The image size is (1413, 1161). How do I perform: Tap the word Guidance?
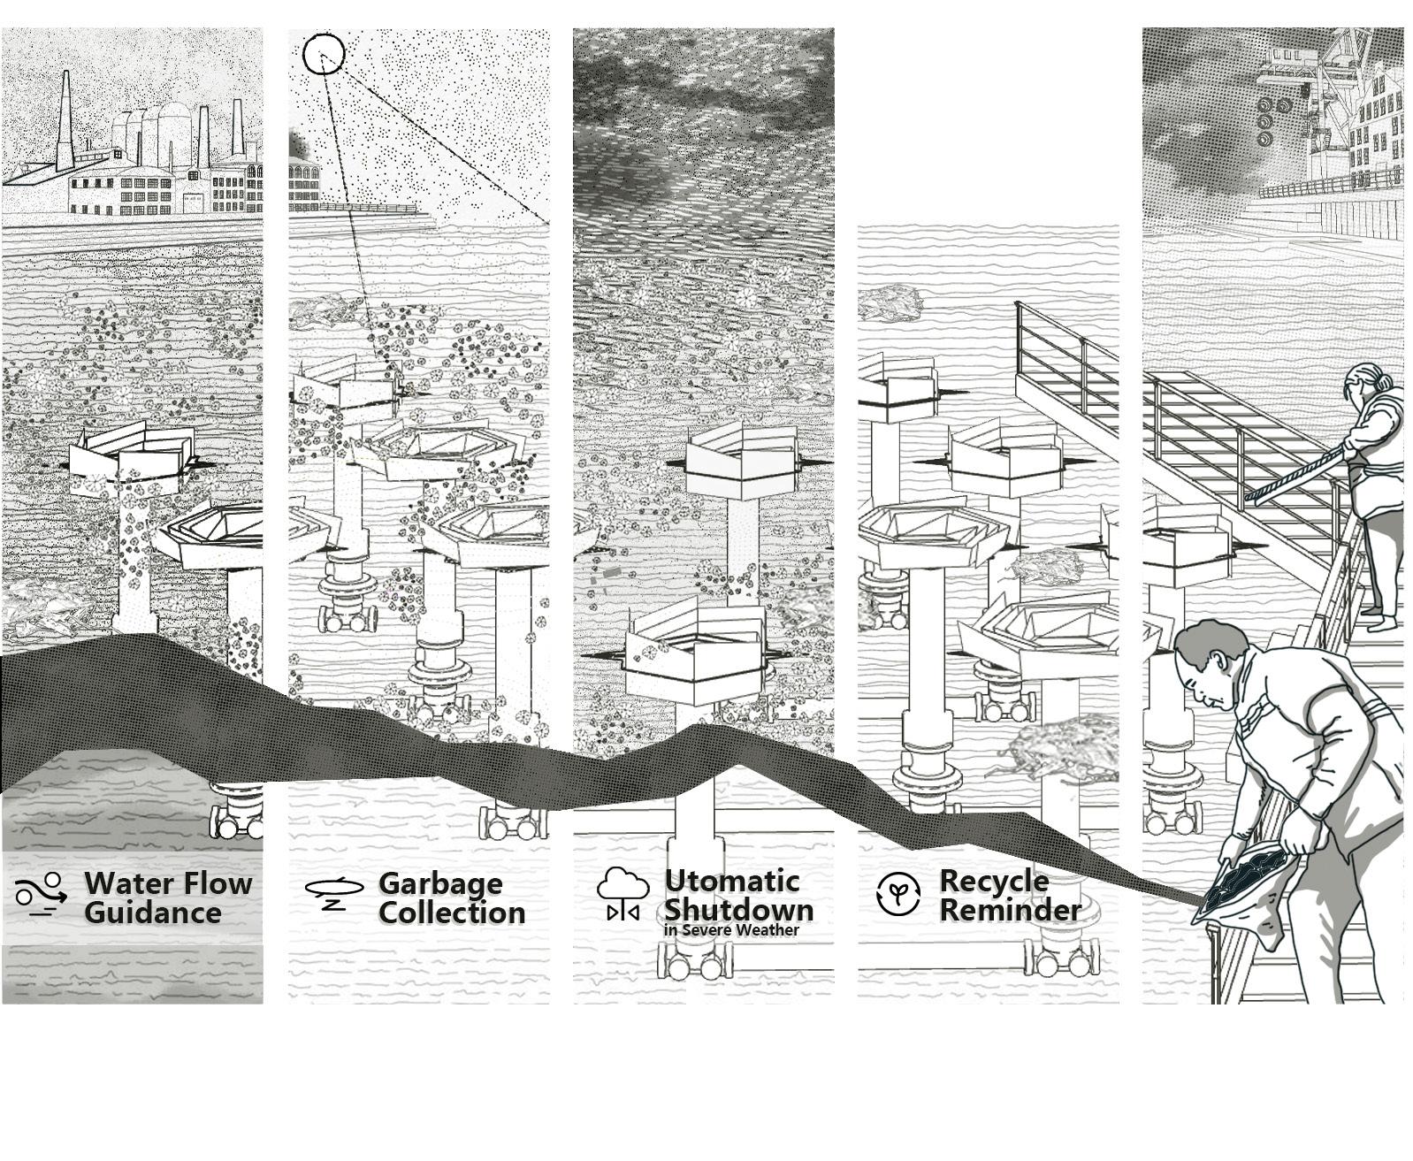(152, 913)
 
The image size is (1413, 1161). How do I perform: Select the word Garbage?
(440, 882)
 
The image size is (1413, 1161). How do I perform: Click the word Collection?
(452, 913)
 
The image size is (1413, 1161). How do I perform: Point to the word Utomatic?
(732, 881)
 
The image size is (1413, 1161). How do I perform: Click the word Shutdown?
(738, 909)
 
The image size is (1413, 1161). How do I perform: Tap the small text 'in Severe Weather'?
(731, 930)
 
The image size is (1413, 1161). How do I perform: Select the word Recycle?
(994, 881)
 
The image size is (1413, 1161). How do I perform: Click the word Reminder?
(1010, 909)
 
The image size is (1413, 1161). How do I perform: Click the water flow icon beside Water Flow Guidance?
(41, 894)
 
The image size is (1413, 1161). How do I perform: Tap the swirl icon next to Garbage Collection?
(333, 892)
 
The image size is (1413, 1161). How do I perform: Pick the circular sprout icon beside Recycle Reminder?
(897, 893)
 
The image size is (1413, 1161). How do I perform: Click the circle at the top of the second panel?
(323, 54)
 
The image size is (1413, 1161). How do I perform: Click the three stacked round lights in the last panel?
(1265, 121)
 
